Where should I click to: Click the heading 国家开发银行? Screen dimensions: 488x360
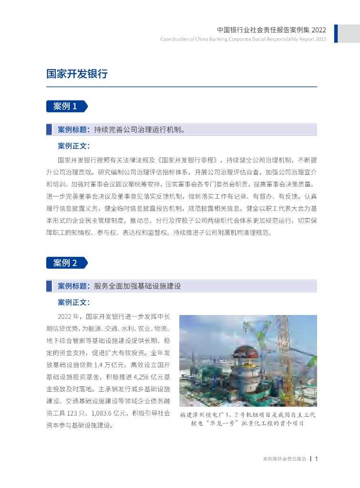pyautogui.click(x=76, y=74)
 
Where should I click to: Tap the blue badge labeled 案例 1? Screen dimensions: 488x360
pyautogui.click(x=66, y=106)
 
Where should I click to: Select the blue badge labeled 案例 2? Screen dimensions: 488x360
pyautogui.click(x=66, y=263)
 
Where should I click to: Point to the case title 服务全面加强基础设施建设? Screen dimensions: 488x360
pyautogui.click(x=137, y=286)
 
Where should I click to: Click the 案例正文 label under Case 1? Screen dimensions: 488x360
pyautogui.click(x=73, y=145)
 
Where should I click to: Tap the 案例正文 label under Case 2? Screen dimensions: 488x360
pyautogui.click(x=73, y=302)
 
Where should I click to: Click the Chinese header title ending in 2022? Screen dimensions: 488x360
pyautogui.click(x=271, y=30)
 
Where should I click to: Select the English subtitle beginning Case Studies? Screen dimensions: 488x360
pyautogui.click(x=243, y=39)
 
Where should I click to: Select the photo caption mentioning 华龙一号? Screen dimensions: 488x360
pyautogui.click(x=247, y=419)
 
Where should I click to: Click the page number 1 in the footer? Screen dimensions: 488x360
pyautogui.click(x=316, y=459)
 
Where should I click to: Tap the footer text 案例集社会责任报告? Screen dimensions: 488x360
pyautogui.click(x=285, y=459)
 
